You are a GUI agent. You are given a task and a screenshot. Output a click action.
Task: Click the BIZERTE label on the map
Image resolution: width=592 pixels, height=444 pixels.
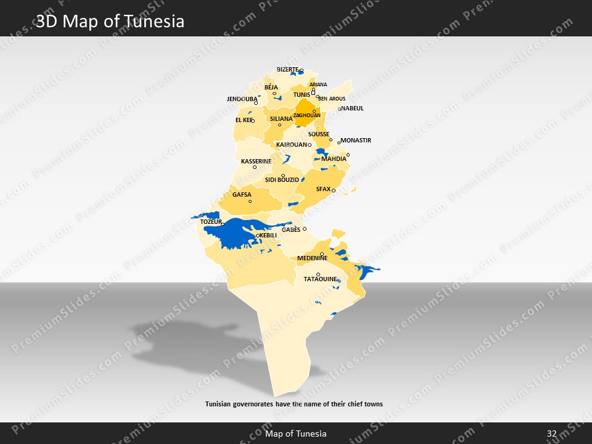click(287, 70)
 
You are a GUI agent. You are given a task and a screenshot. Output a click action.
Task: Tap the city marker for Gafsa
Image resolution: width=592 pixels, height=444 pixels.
click(250, 202)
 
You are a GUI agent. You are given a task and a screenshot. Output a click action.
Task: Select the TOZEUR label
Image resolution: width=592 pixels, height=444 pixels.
click(211, 221)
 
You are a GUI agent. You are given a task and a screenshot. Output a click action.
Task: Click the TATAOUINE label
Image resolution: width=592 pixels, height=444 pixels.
click(320, 279)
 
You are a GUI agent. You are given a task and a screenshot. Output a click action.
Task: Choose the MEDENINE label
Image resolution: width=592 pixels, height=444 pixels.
click(312, 258)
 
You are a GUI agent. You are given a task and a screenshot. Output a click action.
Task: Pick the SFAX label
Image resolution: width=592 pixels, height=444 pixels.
click(323, 189)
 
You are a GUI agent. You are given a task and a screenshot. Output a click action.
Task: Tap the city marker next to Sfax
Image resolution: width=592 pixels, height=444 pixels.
click(334, 191)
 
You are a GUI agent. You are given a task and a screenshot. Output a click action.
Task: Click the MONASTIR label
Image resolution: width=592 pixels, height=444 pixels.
click(356, 141)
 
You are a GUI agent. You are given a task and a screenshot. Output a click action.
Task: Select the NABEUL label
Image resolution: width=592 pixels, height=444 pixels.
click(353, 109)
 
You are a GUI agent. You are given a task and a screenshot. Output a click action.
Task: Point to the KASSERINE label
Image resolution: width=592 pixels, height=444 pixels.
click(256, 162)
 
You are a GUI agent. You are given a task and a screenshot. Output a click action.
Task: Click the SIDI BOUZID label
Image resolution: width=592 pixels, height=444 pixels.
click(282, 180)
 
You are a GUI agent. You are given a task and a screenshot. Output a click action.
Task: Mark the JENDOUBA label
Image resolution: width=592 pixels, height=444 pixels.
click(242, 99)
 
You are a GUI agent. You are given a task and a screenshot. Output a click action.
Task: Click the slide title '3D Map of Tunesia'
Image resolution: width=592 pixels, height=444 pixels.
click(110, 22)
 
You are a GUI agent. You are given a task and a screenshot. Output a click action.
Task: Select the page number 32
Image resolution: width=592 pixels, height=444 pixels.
click(552, 434)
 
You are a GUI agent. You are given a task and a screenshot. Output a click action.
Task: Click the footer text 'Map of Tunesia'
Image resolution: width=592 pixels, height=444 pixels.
click(296, 434)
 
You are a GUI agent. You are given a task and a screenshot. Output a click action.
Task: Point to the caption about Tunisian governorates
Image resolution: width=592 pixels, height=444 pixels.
click(294, 405)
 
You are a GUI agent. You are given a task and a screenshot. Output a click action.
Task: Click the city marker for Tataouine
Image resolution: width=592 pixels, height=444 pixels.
click(318, 274)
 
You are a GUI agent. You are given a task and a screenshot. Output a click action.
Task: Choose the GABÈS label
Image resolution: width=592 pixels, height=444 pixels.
click(291, 229)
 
